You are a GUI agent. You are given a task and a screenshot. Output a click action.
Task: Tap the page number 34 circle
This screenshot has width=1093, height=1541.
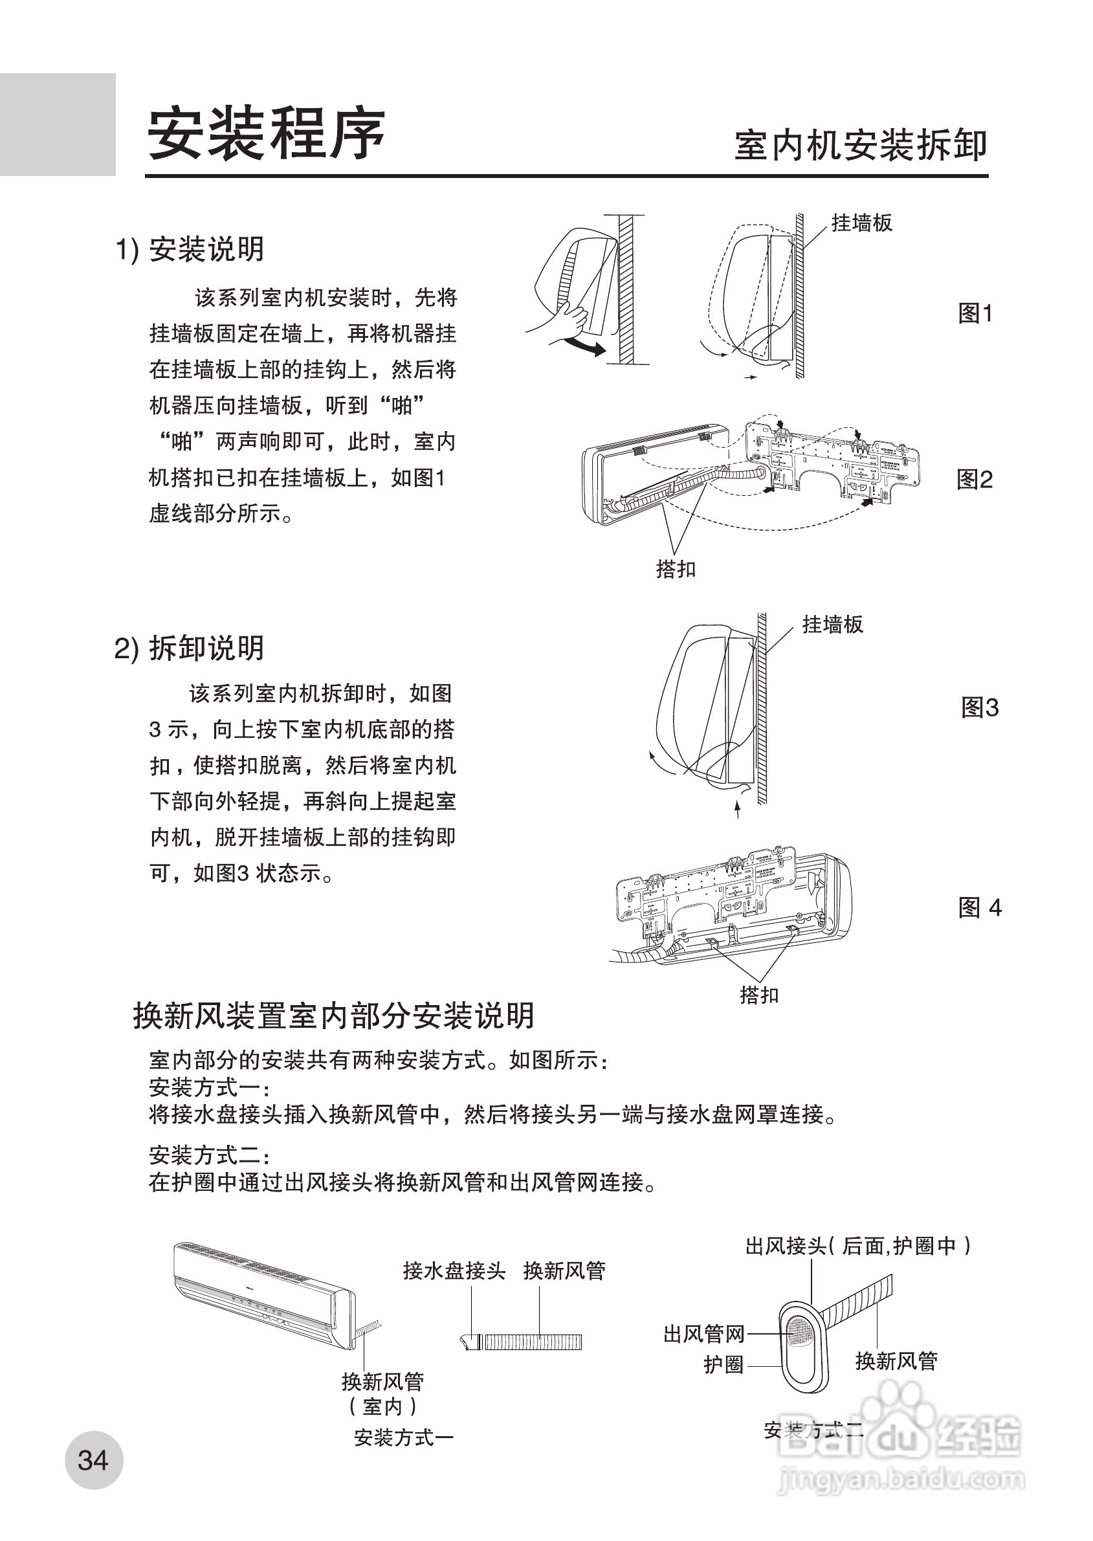pyautogui.click(x=94, y=1459)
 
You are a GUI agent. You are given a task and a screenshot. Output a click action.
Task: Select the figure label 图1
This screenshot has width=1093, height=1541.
pyautogui.click(x=975, y=314)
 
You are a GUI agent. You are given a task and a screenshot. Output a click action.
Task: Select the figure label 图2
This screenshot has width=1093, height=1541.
pyautogui.click(x=975, y=480)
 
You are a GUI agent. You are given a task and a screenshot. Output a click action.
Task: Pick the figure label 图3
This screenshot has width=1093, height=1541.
pyautogui.click(x=979, y=708)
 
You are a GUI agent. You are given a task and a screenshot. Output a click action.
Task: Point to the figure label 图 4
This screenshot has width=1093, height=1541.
pyautogui.click(x=980, y=908)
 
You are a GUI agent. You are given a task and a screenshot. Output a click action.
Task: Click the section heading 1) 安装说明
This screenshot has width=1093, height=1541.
pyautogui.click(x=190, y=250)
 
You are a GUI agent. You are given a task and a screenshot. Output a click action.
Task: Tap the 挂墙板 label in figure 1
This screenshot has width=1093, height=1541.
pyautogui.click(x=861, y=223)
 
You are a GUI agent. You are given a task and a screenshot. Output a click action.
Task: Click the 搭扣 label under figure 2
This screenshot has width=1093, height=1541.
pyautogui.click(x=676, y=570)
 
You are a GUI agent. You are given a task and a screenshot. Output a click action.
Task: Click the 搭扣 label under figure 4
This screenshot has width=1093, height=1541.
pyautogui.click(x=759, y=995)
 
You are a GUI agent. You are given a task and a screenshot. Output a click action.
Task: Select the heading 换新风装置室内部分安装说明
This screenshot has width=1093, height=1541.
pyautogui.click(x=333, y=1034)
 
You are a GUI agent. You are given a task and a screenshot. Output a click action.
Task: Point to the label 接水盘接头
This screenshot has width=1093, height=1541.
pyautogui.click(x=454, y=1270)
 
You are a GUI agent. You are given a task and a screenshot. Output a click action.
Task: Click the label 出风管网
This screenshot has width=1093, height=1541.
pyautogui.click(x=704, y=1334)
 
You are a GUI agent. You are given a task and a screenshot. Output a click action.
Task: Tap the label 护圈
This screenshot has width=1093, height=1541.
pyautogui.click(x=723, y=1365)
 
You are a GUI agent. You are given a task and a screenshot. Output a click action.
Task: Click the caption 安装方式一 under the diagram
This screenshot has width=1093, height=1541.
pyautogui.click(x=404, y=1438)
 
